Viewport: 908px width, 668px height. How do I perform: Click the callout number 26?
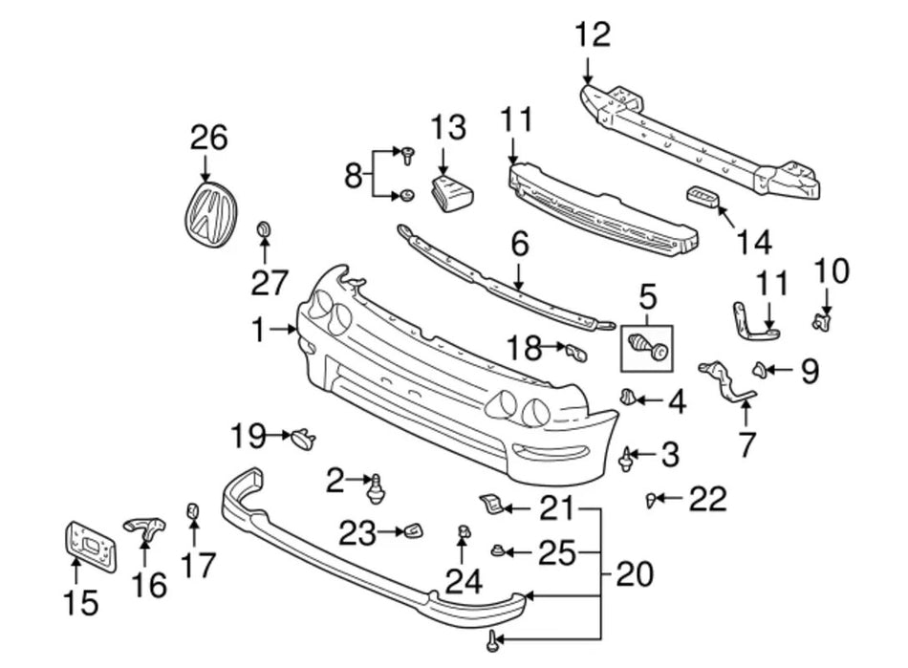208,139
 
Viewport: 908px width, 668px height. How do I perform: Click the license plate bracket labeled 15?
90,546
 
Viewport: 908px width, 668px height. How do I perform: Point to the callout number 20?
635,574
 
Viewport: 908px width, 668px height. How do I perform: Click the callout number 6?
519,246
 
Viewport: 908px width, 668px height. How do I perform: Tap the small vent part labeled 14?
703,199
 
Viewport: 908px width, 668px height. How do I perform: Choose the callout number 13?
447,127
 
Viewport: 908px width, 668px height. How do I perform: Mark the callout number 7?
746,443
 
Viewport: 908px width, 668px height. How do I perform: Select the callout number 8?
354,175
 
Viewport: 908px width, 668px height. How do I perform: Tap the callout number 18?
524,349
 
